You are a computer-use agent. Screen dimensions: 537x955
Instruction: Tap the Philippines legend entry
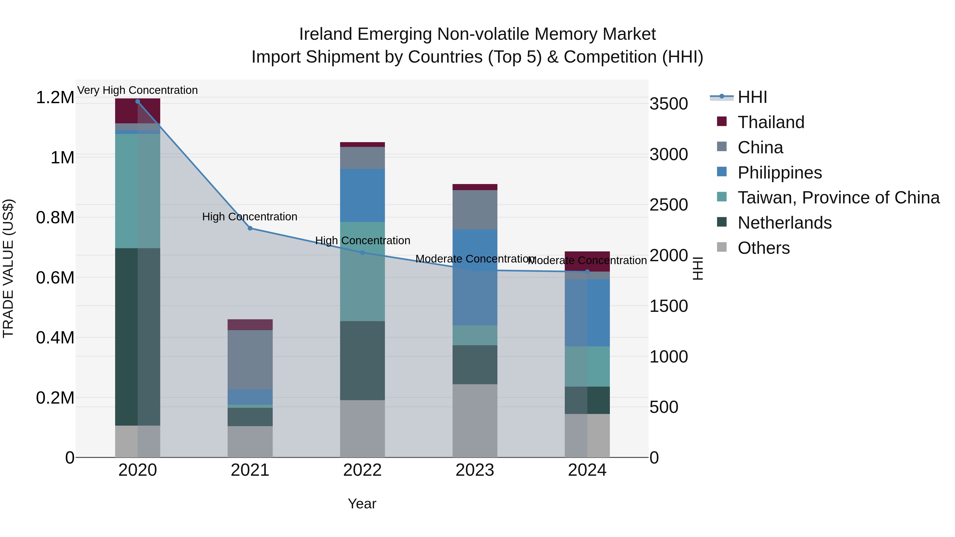pos(779,173)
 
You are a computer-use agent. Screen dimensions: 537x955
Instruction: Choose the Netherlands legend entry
pos(784,223)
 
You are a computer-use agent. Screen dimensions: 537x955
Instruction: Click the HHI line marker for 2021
pos(250,228)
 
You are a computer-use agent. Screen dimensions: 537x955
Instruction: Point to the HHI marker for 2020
pos(137,102)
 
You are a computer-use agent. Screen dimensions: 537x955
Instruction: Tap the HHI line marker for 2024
pos(587,272)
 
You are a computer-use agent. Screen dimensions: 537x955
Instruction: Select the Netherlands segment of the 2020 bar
pos(137,337)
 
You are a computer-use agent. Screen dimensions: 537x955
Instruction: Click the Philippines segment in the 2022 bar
pos(362,195)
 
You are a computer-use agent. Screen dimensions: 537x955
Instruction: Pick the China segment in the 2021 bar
pos(250,360)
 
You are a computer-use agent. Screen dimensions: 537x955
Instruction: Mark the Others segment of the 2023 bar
pos(475,421)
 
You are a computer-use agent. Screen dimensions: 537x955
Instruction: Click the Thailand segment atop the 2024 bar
pos(587,261)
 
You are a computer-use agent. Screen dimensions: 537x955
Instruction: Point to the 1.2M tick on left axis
pos(55,98)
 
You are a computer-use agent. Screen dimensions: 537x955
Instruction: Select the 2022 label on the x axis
pos(362,470)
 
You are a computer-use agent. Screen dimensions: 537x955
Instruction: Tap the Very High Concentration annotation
pos(137,90)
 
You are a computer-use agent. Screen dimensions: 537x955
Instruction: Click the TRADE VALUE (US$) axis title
pos(8,268)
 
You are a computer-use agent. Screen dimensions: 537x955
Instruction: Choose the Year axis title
pos(362,504)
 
